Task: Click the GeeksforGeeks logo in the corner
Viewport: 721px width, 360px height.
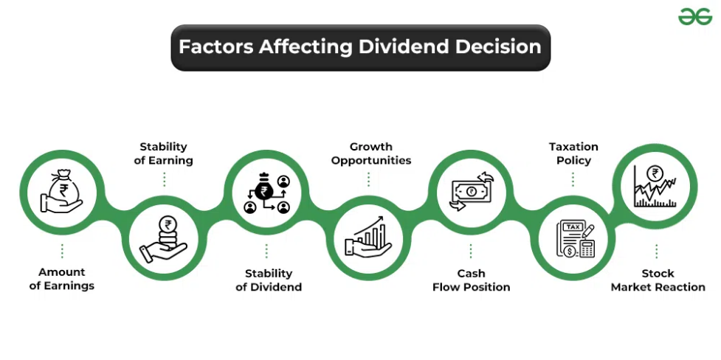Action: [x=694, y=17]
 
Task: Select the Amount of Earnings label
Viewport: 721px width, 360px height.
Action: [x=61, y=279]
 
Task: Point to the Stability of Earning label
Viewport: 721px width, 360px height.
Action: [x=164, y=153]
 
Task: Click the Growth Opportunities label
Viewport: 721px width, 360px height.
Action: [x=371, y=153]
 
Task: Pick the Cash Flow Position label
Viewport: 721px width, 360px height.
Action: [x=472, y=280]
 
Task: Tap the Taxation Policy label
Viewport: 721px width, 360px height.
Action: [x=573, y=153]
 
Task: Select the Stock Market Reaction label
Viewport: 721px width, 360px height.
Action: [x=658, y=280]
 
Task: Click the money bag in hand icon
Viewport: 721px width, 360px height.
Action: [x=61, y=191]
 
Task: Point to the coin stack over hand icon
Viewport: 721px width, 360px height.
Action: [x=164, y=239]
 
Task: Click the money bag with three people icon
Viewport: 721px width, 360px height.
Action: [x=266, y=193]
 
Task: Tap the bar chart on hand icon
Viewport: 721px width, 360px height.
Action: [x=368, y=238]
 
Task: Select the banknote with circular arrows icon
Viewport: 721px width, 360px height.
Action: [x=472, y=191]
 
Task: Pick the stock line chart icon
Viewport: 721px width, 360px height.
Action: [x=655, y=186]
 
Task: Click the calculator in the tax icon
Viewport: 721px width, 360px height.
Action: [x=587, y=249]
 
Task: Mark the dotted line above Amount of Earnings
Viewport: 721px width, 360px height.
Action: [x=62, y=251]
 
